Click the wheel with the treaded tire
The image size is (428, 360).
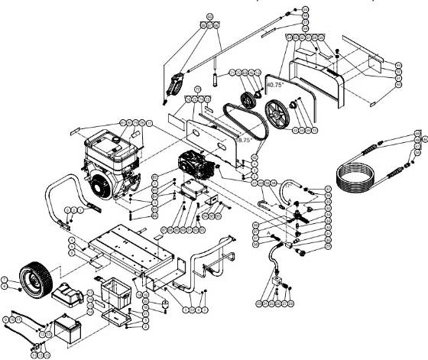33,280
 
